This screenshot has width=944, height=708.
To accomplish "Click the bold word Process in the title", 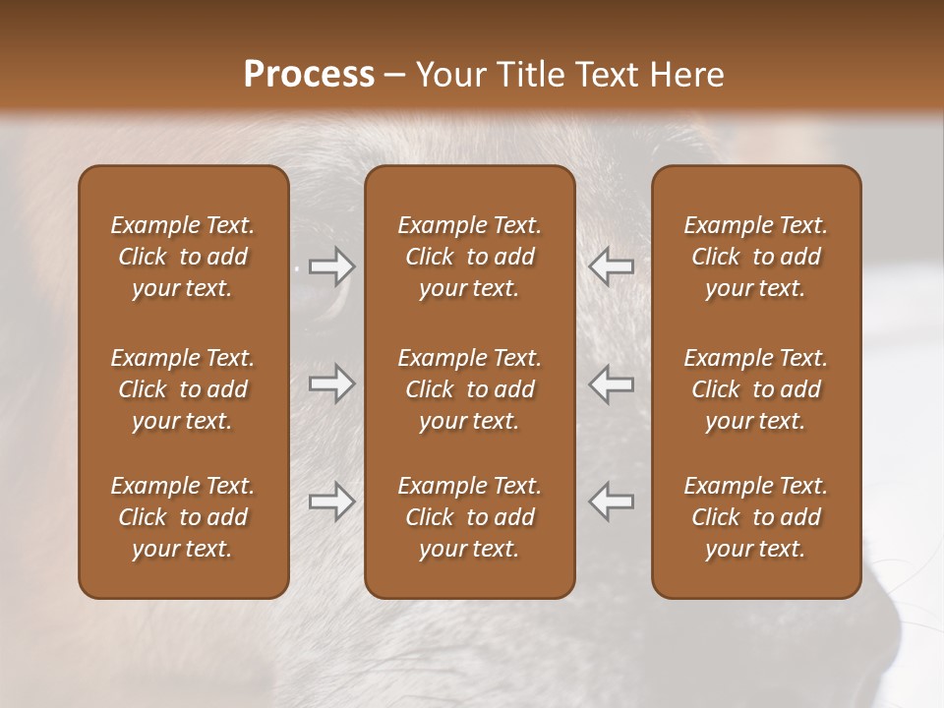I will (x=309, y=75).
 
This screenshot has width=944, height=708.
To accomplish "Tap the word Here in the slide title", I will (x=685, y=75).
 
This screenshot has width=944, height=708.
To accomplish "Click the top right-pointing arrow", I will (x=331, y=266).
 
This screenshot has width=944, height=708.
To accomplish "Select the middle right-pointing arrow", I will (x=331, y=383).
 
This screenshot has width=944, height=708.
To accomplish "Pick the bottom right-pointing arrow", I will (x=331, y=501).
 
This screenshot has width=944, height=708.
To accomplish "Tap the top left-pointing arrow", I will (x=612, y=266).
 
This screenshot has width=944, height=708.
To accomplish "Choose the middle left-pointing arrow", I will (x=612, y=383).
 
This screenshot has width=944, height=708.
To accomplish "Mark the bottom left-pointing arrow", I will (x=612, y=501).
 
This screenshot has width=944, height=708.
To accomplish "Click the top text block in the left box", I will (x=183, y=257).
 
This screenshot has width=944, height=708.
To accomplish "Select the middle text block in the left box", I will (x=183, y=389).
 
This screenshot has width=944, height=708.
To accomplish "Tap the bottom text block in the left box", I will (x=183, y=517).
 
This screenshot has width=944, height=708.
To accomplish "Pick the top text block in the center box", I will (x=469, y=257).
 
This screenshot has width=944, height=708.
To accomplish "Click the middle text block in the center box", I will (x=469, y=389).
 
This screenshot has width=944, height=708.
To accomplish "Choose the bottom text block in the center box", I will (x=469, y=517).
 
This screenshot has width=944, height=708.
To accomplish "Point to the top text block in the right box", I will (x=755, y=257).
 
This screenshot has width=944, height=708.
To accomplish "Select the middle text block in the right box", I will (x=755, y=389).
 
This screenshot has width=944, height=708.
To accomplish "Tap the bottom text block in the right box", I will (x=755, y=517).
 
